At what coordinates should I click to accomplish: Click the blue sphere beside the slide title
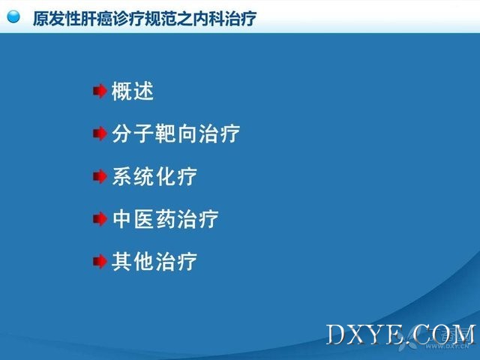click(x=13, y=16)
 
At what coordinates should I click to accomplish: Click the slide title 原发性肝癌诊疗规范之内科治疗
click(x=145, y=19)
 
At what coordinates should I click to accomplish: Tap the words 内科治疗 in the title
click(x=225, y=19)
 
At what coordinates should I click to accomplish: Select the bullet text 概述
click(x=133, y=91)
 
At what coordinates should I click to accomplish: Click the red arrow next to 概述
click(x=100, y=91)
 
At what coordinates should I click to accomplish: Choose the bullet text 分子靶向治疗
click(x=175, y=133)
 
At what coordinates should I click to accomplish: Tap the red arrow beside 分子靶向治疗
click(x=100, y=133)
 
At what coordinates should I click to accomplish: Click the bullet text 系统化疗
click(x=154, y=176)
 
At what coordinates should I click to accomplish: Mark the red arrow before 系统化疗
click(x=100, y=176)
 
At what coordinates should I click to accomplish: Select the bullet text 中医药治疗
click(x=165, y=219)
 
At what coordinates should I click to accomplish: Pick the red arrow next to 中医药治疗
click(x=100, y=219)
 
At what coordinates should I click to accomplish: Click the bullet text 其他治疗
click(x=154, y=262)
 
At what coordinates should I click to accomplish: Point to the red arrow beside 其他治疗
click(x=100, y=262)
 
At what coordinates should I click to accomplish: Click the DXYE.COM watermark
click(x=401, y=334)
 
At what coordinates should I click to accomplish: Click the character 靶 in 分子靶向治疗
click(x=165, y=133)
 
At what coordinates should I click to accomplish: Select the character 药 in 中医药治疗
click(x=165, y=219)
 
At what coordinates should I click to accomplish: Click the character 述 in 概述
click(x=143, y=91)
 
